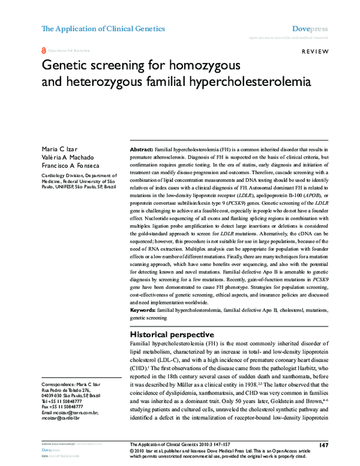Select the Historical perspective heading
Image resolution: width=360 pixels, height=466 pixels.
172,334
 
